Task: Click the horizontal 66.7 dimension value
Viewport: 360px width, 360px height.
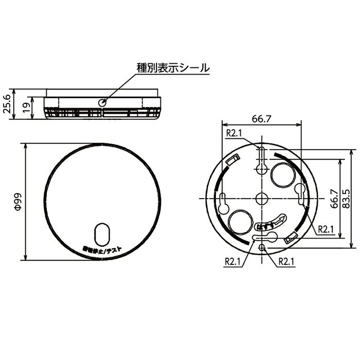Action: click(x=261, y=119)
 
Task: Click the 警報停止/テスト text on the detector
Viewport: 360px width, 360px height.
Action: click(x=102, y=249)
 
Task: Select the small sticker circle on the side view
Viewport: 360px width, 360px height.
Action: click(x=102, y=103)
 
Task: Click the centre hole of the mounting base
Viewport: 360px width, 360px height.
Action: click(x=261, y=197)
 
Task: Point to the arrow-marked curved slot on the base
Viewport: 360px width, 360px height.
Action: click(x=273, y=222)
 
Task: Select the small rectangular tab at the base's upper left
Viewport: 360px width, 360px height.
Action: click(x=231, y=160)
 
